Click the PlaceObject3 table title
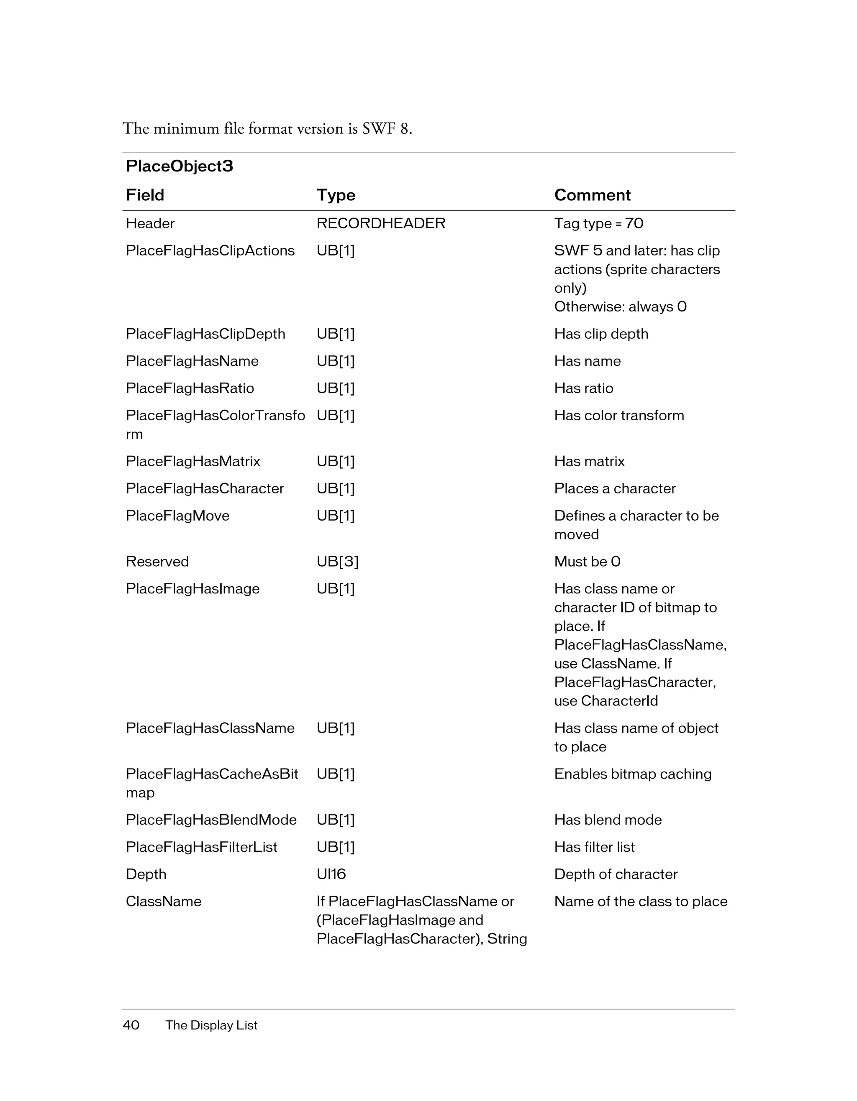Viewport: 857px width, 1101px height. coord(179,166)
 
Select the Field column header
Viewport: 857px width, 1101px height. coord(145,195)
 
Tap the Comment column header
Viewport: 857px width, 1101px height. coord(592,195)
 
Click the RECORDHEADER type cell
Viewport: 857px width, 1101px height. coord(381,223)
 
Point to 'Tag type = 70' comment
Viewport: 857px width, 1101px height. coord(598,223)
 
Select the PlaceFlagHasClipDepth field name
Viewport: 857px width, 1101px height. coord(205,334)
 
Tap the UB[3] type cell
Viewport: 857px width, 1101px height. coord(337,562)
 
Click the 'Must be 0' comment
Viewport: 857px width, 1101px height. coord(587,562)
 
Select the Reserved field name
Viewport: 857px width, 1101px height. coord(157,562)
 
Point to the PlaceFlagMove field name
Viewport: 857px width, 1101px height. coord(177,516)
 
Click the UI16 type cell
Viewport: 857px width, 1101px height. coord(331,874)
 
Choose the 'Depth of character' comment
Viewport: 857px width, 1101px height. coord(616,874)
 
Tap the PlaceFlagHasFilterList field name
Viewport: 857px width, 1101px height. coord(201,847)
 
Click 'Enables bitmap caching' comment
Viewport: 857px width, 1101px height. coord(633,774)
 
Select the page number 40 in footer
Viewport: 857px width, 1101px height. coord(131,1025)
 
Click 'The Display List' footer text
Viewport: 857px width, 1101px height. coord(211,1025)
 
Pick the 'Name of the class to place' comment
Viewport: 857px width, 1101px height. coord(641,902)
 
